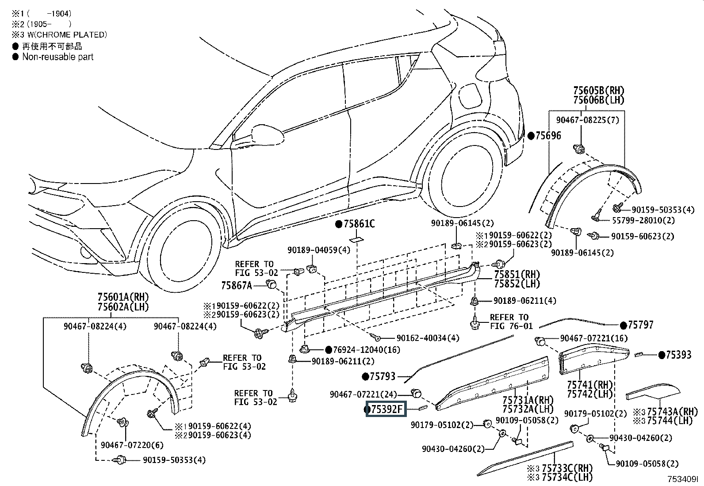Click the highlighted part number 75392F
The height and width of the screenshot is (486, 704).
386,409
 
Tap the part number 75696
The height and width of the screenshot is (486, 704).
548,136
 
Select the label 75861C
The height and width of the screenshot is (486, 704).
359,224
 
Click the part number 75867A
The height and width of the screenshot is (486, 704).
237,285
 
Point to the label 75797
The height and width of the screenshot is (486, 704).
640,325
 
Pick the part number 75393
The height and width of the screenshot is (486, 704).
679,355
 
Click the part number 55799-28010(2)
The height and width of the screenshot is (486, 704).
643,220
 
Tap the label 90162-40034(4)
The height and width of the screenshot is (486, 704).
428,338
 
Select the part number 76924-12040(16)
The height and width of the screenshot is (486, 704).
367,349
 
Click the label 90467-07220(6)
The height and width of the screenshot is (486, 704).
132,445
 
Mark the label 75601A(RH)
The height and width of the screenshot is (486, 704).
123,297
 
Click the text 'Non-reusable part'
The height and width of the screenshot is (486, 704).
58,57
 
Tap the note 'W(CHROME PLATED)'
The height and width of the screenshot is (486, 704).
67,34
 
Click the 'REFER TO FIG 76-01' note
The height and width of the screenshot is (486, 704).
511,321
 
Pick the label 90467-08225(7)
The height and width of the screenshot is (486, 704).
587,120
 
